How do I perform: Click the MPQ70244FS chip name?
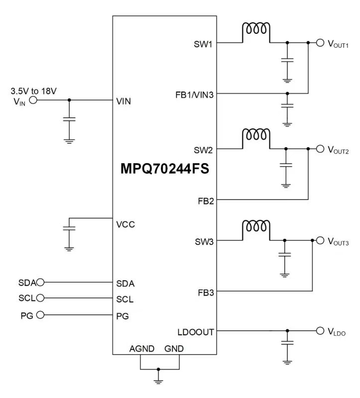(x=164, y=168)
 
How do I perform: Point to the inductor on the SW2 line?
(x=256, y=136)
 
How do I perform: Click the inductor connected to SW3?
(x=256, y=228)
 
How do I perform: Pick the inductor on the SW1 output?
(x=256, y=31)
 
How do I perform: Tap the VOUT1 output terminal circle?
(x=320, y=43)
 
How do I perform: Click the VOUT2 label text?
(x=338, y=150)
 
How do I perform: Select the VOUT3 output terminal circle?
(x=320, y=241)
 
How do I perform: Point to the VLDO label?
(x=337, y=332)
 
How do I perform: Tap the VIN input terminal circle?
(x=33, y=100)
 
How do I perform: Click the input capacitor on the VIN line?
(x=70, y=119)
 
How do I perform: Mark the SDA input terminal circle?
(x=41, y=282)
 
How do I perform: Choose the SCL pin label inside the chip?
(x=124, y=299)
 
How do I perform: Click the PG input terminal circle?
(x=41, y=314)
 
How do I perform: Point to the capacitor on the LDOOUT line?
(x=287, y=342)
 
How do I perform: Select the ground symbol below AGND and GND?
(x=159, y=380)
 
